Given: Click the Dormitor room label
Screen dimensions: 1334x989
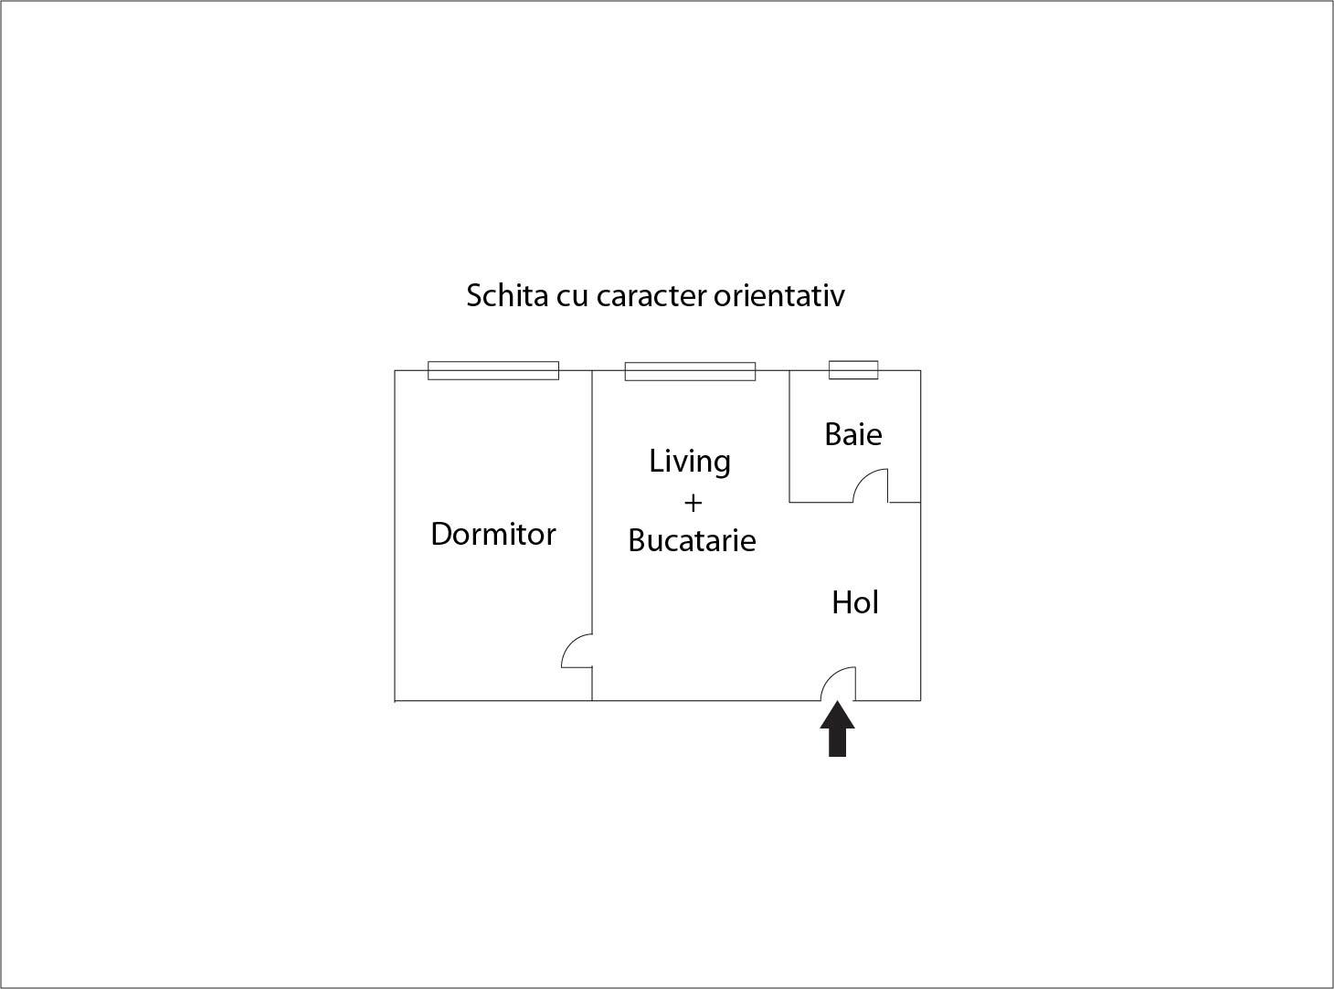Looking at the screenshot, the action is [493, 534].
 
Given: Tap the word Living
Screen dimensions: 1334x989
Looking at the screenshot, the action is [690, 463].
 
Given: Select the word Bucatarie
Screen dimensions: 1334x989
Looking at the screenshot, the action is [693, 540].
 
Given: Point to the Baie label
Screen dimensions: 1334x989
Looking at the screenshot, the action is [852, 434].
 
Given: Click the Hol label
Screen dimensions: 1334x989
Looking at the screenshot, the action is [855, 602].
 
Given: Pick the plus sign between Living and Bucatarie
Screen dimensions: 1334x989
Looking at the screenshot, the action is [693, 503].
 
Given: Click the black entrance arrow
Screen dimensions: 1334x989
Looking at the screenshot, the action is [837, 729].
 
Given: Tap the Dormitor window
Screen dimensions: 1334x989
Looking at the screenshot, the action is [493, 371].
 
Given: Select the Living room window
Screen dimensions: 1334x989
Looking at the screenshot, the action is [690, 371].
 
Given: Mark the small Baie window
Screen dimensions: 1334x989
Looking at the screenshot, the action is [853, 369].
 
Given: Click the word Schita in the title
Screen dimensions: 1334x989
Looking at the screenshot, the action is [507, 295].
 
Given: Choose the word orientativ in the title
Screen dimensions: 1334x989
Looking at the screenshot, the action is [779, 295].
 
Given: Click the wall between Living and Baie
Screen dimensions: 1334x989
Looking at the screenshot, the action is [789, 436].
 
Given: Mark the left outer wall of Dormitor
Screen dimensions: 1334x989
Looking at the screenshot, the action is [395, 536].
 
